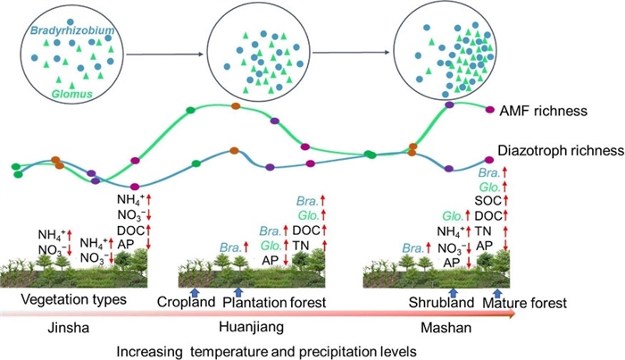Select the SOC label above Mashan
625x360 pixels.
487,200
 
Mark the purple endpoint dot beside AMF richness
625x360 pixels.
489,111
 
